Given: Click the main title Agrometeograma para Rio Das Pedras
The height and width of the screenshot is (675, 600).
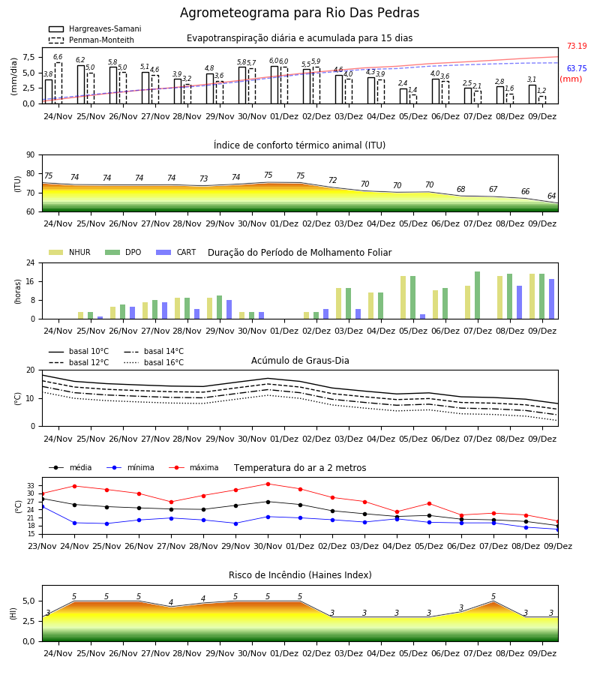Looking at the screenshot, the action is click(x=299, y=13).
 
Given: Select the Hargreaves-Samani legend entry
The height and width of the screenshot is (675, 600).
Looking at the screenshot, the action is click(x=94, y=28).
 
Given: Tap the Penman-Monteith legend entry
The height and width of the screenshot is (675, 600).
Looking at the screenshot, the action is click(x=91, y=40).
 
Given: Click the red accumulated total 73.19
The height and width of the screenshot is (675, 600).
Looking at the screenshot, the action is click(x=577, y=46).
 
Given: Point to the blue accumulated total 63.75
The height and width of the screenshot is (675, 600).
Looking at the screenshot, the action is click(x=577, y=68).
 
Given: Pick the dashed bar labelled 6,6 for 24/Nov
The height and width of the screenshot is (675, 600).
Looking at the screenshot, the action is click(x=58, y=83).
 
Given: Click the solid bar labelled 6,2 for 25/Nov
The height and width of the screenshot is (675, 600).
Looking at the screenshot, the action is click(x=81, y=85).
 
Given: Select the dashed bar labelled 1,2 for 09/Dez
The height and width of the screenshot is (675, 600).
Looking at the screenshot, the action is click(x=542, y=100).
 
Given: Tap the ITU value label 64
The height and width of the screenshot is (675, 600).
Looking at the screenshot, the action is click(x=551, y=196).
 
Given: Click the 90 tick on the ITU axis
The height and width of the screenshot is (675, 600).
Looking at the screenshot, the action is click(x=31, y=155).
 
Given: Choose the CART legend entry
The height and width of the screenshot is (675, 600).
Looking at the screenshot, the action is click(x=176, y=252).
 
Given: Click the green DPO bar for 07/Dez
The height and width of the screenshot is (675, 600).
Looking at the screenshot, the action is click(x=477, y=295).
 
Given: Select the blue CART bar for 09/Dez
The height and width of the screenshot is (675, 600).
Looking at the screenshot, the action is click(x=552, y=299).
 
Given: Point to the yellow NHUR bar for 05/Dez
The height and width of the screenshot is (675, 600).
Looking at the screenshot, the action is click(x=403, y=298).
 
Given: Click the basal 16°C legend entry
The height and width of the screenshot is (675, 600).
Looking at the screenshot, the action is click(x=154, y=362).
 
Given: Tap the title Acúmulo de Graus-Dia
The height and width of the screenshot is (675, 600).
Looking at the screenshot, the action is click(x=300, y=360).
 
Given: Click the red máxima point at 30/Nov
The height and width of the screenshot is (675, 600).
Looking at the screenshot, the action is click(x=268, y=484).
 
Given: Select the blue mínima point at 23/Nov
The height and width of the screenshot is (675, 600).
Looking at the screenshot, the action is click(x=42, y=507).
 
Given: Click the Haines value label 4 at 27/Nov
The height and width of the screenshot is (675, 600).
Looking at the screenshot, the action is click(x=171, y=602).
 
